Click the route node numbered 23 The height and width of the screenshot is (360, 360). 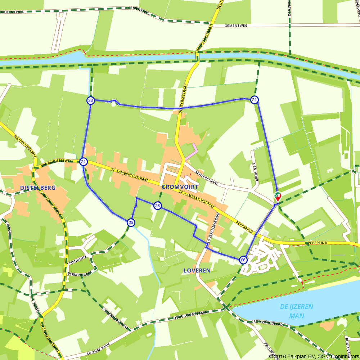90,100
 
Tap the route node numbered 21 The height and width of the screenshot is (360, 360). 255,100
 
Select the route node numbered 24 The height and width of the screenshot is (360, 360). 83,162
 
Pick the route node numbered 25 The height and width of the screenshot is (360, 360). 131,222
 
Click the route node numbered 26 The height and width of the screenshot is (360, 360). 157,206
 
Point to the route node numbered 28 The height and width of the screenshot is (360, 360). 243,260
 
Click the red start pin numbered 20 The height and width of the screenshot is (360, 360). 278,196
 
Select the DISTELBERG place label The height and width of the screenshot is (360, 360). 38,188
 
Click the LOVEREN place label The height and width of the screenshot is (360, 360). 197,270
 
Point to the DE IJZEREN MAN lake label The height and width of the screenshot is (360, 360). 297,311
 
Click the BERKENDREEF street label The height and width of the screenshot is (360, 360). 79,273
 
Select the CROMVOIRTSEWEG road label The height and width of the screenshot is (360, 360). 57,163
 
